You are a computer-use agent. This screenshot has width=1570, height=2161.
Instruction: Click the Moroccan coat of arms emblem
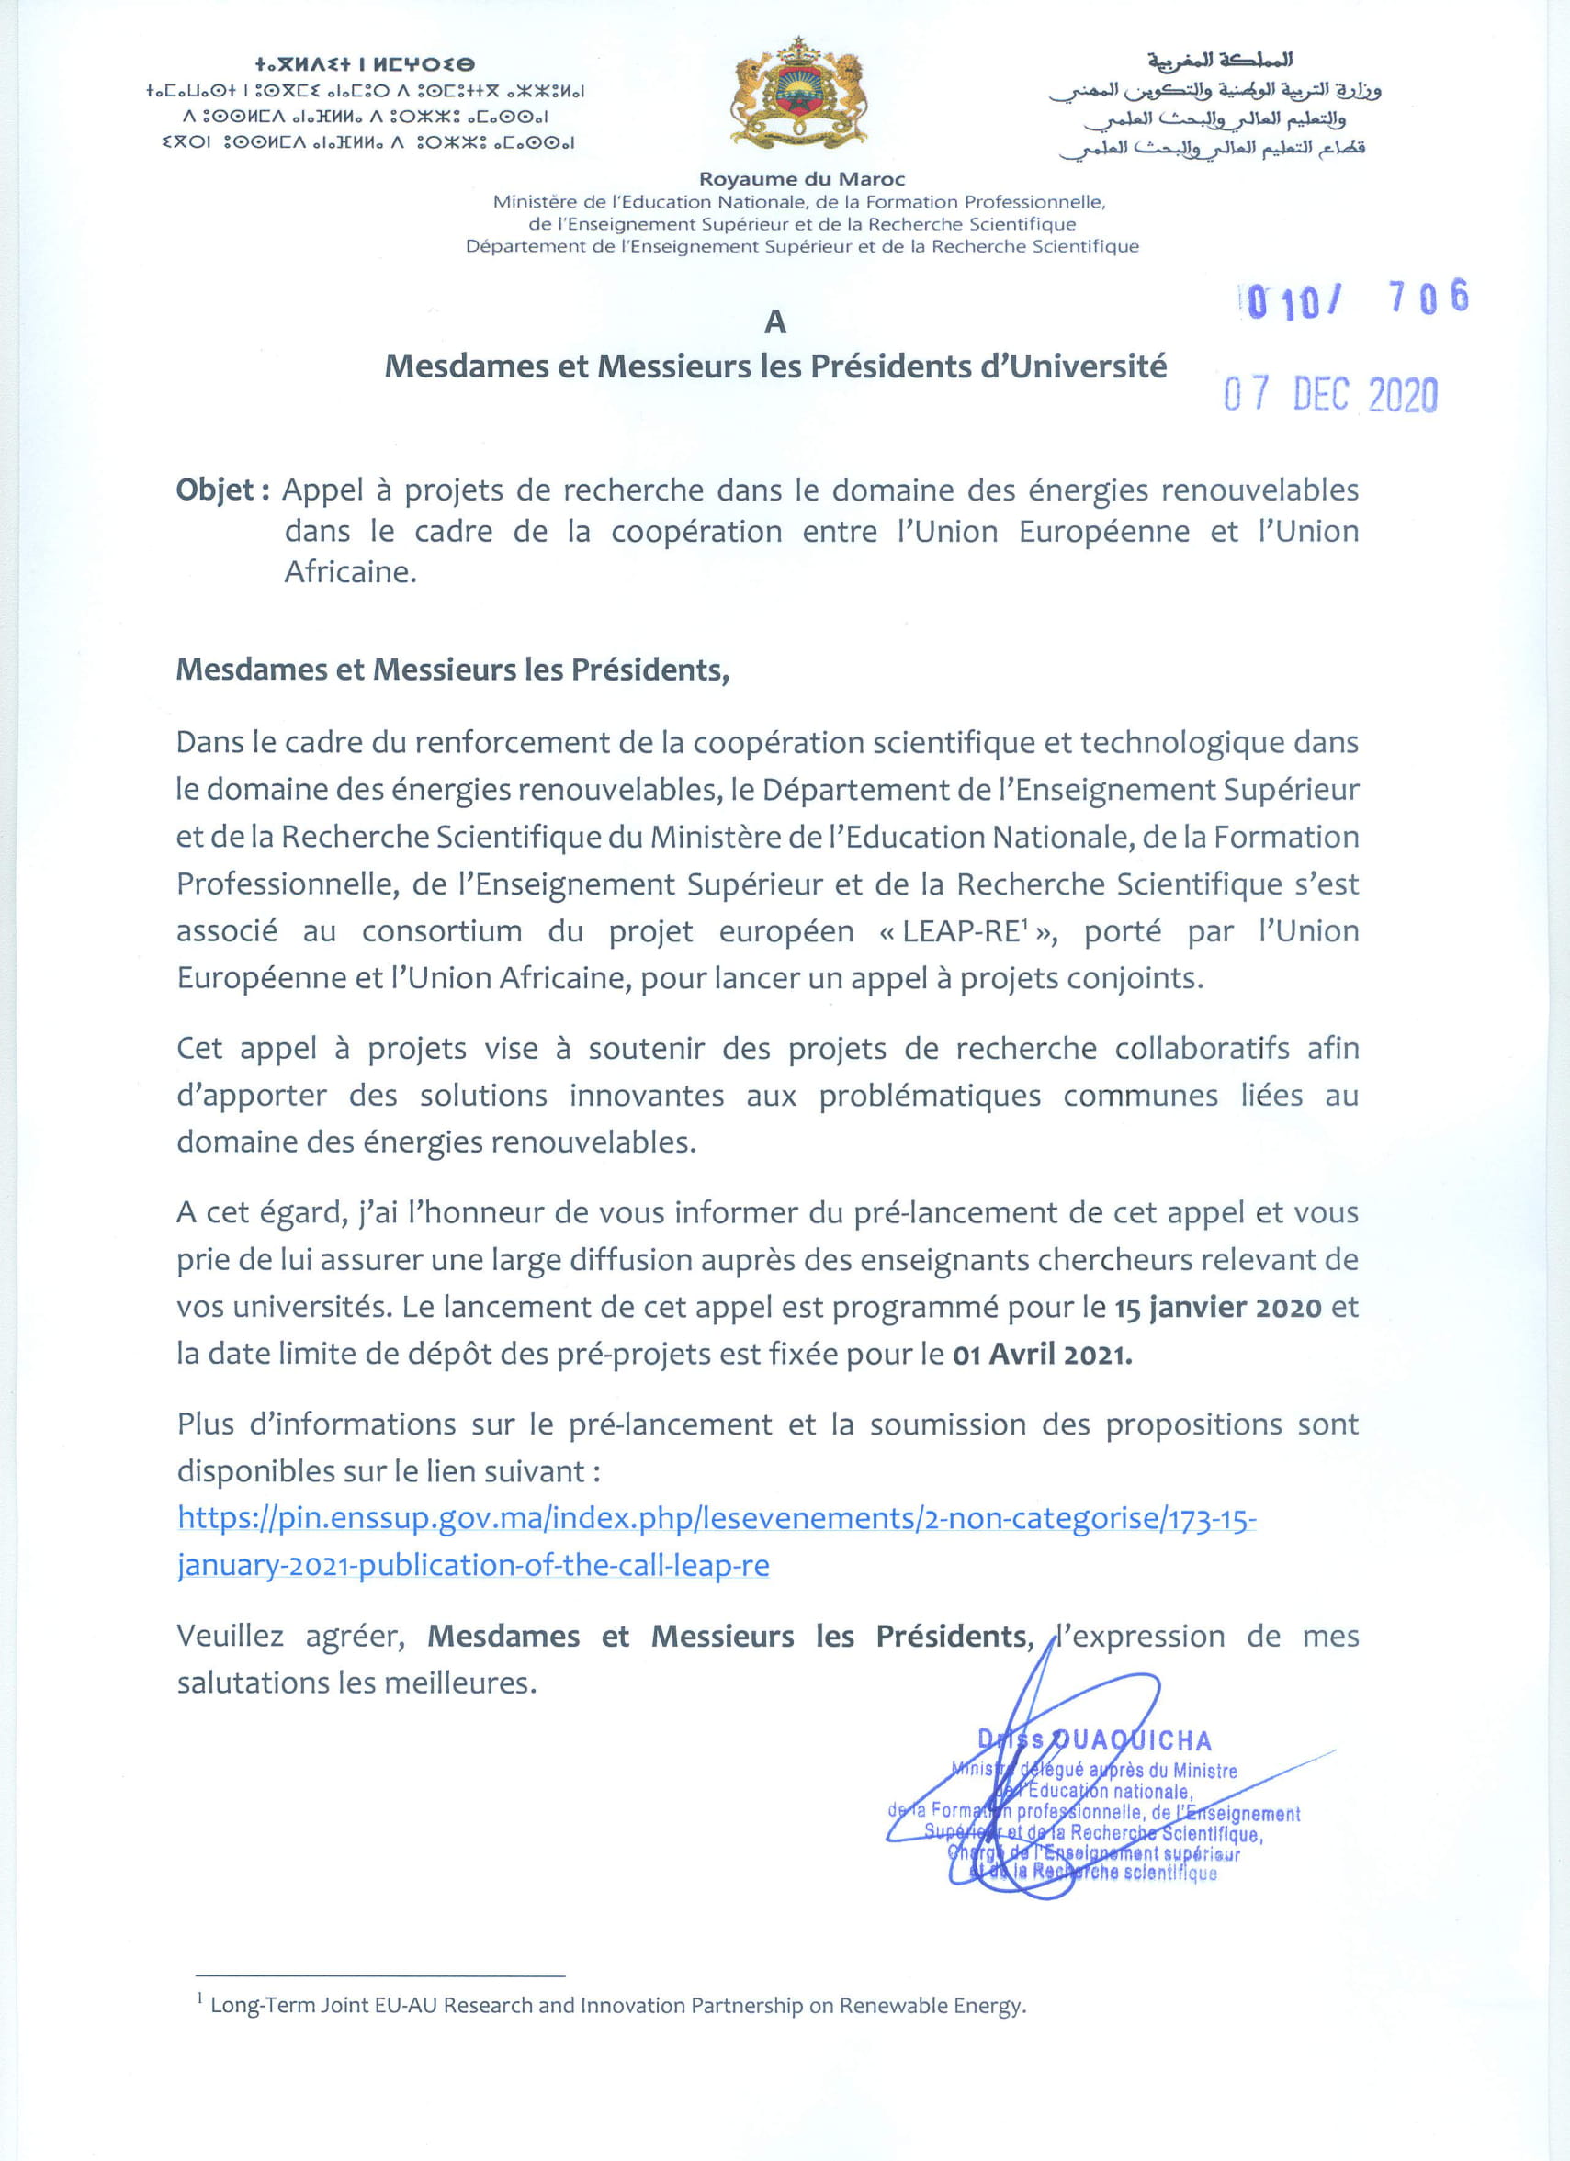[x=798, y=95]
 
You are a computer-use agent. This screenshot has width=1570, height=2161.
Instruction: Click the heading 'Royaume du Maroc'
[x=802, y=178]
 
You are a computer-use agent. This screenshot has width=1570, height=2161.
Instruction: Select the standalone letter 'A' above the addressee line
[x=775, y=323]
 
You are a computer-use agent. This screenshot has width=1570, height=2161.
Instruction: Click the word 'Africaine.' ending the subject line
[x=350, y=571]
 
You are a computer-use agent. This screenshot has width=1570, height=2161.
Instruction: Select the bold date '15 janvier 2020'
[x=1217, y=1307]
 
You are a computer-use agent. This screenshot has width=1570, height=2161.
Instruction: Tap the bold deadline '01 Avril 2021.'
[x=1042, y=1354]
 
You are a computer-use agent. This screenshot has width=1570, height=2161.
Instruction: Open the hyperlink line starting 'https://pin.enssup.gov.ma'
[x=717, y=1518]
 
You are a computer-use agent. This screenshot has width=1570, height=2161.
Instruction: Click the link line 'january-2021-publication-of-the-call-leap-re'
[x=473, y=1565]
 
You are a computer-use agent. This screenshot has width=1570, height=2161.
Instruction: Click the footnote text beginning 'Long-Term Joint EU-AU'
[x=617, y=2005]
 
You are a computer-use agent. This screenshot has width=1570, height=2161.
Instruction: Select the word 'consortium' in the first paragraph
[x=441, y=931]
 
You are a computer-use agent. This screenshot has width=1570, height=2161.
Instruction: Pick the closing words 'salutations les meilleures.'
[x=356, y=1683]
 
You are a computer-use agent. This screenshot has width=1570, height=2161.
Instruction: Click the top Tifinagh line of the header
[x=364, y=65]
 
